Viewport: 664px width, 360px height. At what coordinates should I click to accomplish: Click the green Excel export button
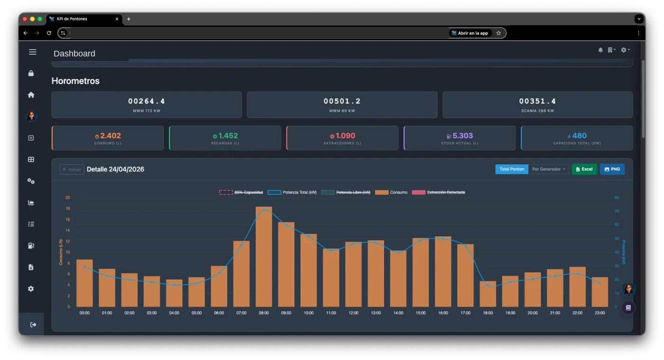[584, 169]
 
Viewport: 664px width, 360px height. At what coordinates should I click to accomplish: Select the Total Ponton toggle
[512, 169]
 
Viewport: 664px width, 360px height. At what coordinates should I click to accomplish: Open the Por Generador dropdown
[548, 169]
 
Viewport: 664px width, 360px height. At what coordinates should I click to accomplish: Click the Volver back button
[72, 169]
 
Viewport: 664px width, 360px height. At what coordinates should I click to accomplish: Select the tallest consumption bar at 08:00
[264, 257]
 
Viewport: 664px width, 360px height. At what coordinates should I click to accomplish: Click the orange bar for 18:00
[488, 294]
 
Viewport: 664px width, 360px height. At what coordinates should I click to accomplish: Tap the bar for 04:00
[174, 293]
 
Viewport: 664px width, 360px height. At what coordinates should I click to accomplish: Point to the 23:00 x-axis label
[599, 313]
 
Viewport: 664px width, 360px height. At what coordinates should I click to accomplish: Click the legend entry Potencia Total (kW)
[292, 193]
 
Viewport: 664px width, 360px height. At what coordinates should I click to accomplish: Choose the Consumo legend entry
[391, 193]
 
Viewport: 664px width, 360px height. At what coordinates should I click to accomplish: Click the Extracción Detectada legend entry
[438, 193]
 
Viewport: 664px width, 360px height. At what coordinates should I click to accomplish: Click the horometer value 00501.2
[342, 101]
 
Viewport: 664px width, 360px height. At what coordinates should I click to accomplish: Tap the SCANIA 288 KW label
[537, 111]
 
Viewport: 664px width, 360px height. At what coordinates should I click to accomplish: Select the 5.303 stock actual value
[462, 136]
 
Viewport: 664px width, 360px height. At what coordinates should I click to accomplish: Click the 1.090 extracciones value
[345, 136]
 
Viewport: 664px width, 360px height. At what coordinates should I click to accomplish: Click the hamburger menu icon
[33, 52]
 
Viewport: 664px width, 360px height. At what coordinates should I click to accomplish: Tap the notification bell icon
[600, 50]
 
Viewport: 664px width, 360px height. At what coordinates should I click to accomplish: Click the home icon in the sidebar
[31, 95]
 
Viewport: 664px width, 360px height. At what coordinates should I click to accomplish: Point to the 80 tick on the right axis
[617, 197]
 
